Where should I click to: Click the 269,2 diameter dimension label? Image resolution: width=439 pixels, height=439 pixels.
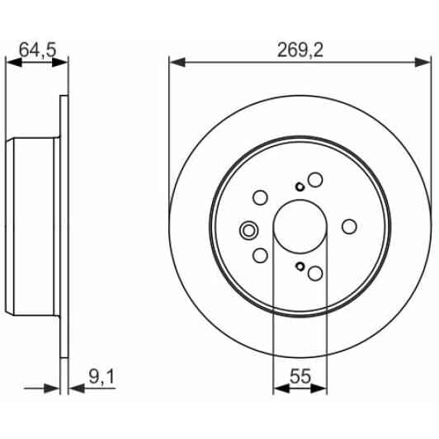300,50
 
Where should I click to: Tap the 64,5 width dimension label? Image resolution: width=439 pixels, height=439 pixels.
37,50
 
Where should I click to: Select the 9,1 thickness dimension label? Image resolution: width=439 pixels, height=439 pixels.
101,377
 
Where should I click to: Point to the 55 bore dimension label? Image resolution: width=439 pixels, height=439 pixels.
300,376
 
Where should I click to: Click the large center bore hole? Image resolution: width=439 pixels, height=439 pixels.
300,226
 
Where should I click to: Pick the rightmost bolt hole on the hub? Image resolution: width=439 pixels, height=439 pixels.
349,226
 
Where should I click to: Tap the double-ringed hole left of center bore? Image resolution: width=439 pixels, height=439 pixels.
248,230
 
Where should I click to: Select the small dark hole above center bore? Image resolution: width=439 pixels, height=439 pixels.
300,186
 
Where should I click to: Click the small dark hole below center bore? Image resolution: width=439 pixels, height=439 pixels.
300,267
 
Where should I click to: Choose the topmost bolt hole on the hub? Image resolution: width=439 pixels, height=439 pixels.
315,179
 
